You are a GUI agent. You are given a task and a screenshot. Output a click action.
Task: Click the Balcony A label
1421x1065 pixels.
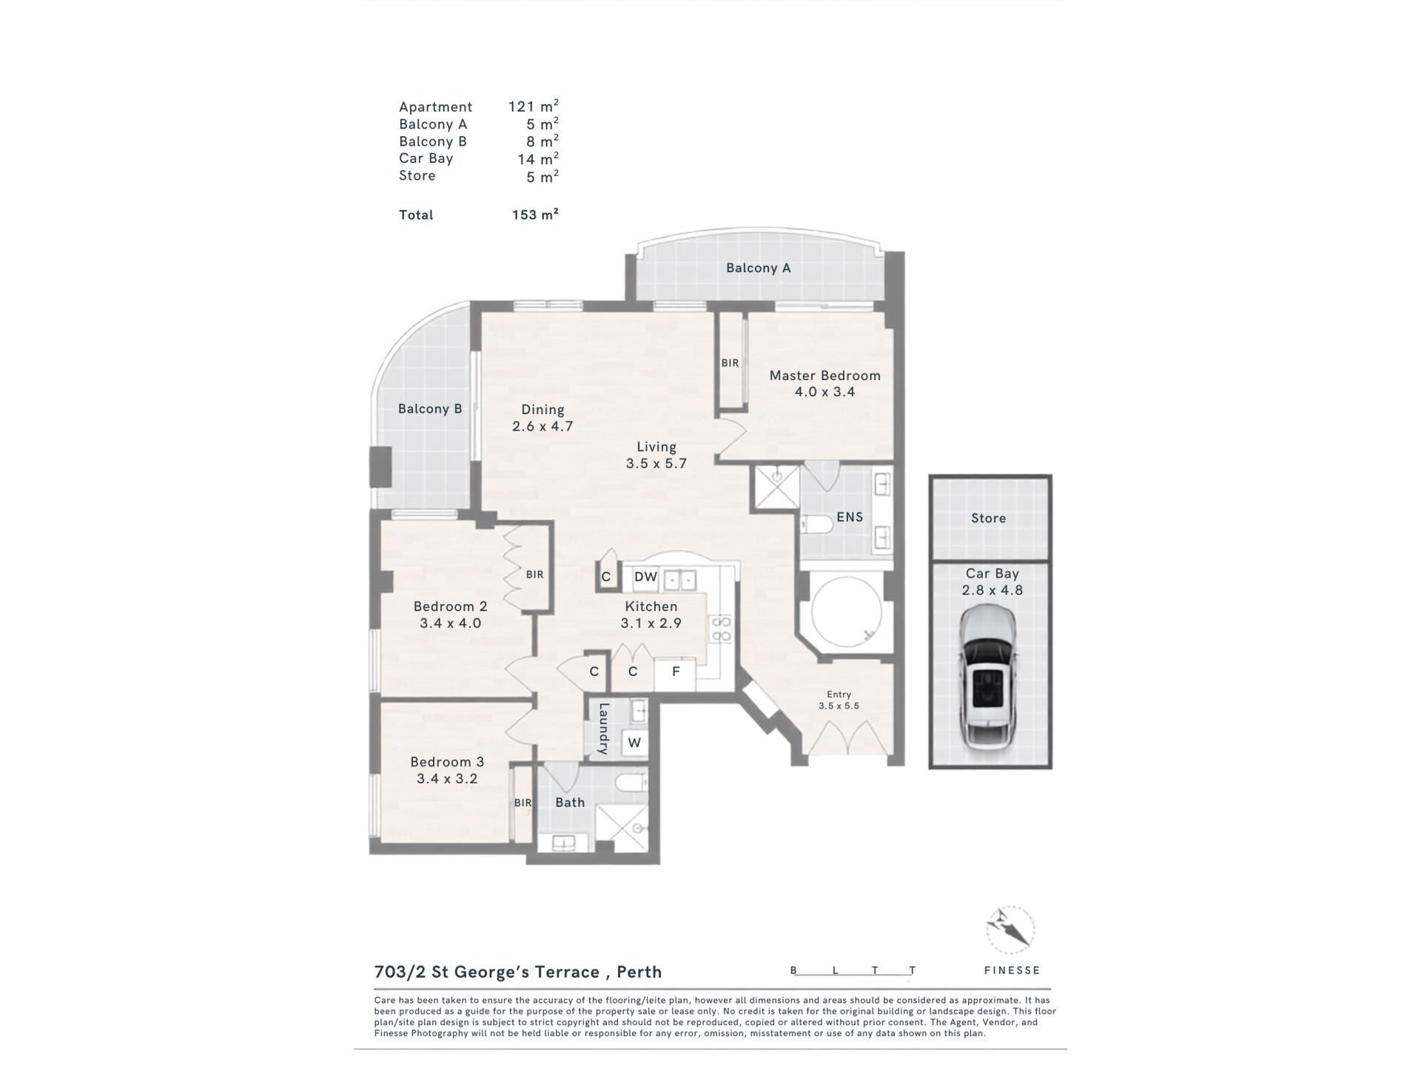coord(758,268)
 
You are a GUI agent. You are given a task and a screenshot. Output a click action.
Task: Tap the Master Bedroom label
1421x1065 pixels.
coord(824,375)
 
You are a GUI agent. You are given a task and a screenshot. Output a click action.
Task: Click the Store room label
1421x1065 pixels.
coord(988,518)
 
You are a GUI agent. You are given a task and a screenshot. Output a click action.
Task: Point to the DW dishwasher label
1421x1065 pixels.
coord(645,577)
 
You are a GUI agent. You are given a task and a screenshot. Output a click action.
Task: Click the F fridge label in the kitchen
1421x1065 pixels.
coord(676,672)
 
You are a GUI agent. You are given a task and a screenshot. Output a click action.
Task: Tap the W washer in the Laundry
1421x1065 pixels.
coord(634,743)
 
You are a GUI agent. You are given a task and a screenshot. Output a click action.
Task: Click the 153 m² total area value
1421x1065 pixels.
coord(535,214)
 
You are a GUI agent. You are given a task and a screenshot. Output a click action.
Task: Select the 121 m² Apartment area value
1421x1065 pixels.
coord(533,106)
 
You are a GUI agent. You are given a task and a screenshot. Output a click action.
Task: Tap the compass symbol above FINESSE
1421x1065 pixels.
coord(1010,930)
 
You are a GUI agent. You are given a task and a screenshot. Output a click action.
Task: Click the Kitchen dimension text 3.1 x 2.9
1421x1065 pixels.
coord(651,623)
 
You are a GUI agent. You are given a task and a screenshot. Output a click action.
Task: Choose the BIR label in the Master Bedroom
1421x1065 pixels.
coord(730,363)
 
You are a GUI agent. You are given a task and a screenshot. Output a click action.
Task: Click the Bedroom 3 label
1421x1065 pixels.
coord(447,762)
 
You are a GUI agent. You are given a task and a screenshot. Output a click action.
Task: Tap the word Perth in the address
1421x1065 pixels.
coord(639,972)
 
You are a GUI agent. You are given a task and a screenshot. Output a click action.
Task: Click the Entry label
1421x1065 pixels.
coord(839,694)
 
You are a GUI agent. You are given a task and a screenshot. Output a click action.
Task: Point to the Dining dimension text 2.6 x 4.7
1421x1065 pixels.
coord(542,426)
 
